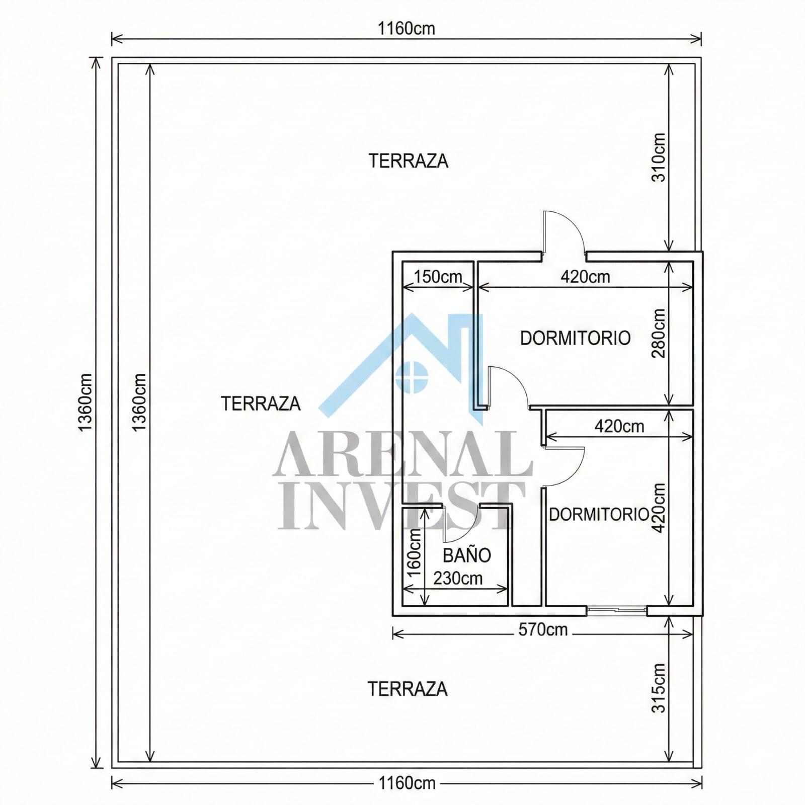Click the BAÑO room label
point(466,555)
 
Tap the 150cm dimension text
point(438,277)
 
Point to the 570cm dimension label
point(543,629)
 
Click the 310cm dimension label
point(659,157)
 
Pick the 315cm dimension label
point(659,688)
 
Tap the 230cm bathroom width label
point(458,579)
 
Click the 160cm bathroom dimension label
point(414,554)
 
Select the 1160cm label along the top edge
point(407,29)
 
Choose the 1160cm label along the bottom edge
point(407,783)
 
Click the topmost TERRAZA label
point(408,161)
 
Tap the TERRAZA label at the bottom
point(408,689)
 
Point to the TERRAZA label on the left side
point(261,404)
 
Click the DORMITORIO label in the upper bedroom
point(575,338)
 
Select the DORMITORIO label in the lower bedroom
point(599,514)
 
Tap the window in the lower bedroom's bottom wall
point(617,611)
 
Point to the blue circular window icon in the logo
point(412,376)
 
